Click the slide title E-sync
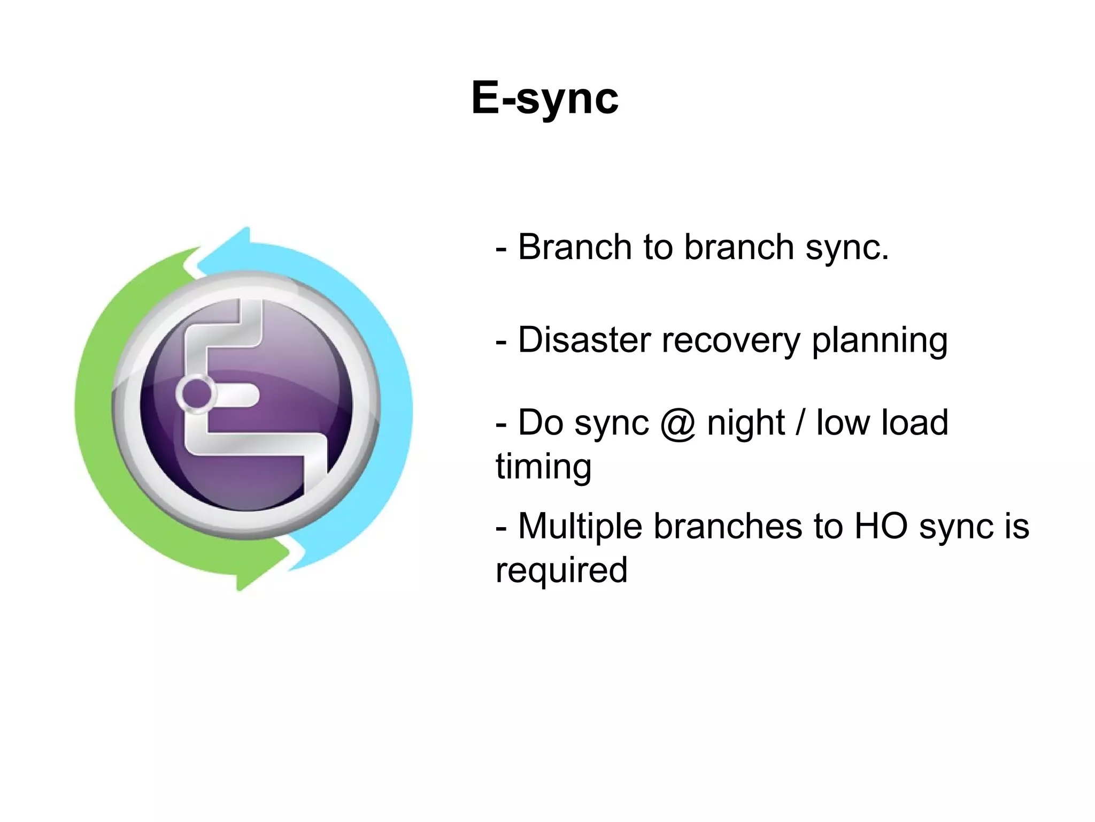coord(545,98)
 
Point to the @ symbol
coord(678,424)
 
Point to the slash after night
coord(800,423)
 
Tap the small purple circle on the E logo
coord(196,393)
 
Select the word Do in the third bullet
coord(541,423)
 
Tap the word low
coord(843,423)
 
